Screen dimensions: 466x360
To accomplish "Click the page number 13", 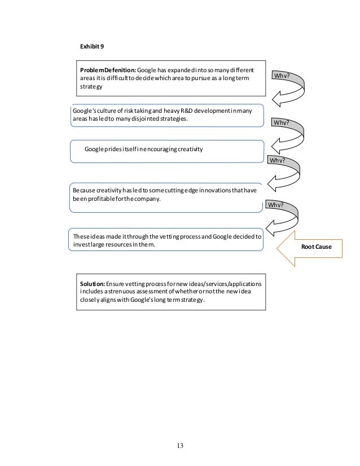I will [180, 446].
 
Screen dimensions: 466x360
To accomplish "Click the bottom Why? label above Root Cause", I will [276, 204].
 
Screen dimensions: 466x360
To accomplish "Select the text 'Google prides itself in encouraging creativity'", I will [143, 149].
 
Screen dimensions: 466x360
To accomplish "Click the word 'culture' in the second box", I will [107, 111].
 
